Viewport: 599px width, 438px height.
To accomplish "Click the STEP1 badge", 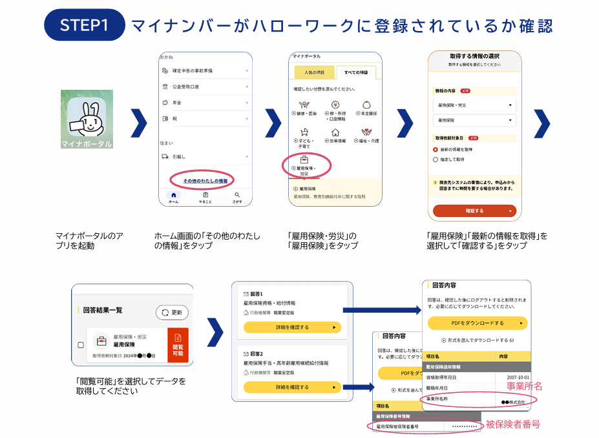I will point(83,25).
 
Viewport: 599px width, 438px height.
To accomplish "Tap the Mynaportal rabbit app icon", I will point(87,120).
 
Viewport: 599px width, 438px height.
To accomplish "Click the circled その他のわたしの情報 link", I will point(204,180).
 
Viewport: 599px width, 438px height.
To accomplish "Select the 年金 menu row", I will point(205,102).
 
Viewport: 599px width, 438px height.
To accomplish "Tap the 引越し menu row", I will point(205,156).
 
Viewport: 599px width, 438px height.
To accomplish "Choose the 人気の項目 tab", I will point(315,72).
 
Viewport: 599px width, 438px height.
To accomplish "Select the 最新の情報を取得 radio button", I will point(436,149).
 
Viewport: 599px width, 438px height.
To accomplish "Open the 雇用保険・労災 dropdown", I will point(474,105).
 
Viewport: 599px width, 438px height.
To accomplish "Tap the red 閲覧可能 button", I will point(178,346).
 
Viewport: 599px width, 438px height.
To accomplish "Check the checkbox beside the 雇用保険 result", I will point(81,345).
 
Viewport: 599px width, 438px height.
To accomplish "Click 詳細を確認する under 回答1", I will point(291,328).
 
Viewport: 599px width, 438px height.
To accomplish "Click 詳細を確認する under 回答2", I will point(291,387).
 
